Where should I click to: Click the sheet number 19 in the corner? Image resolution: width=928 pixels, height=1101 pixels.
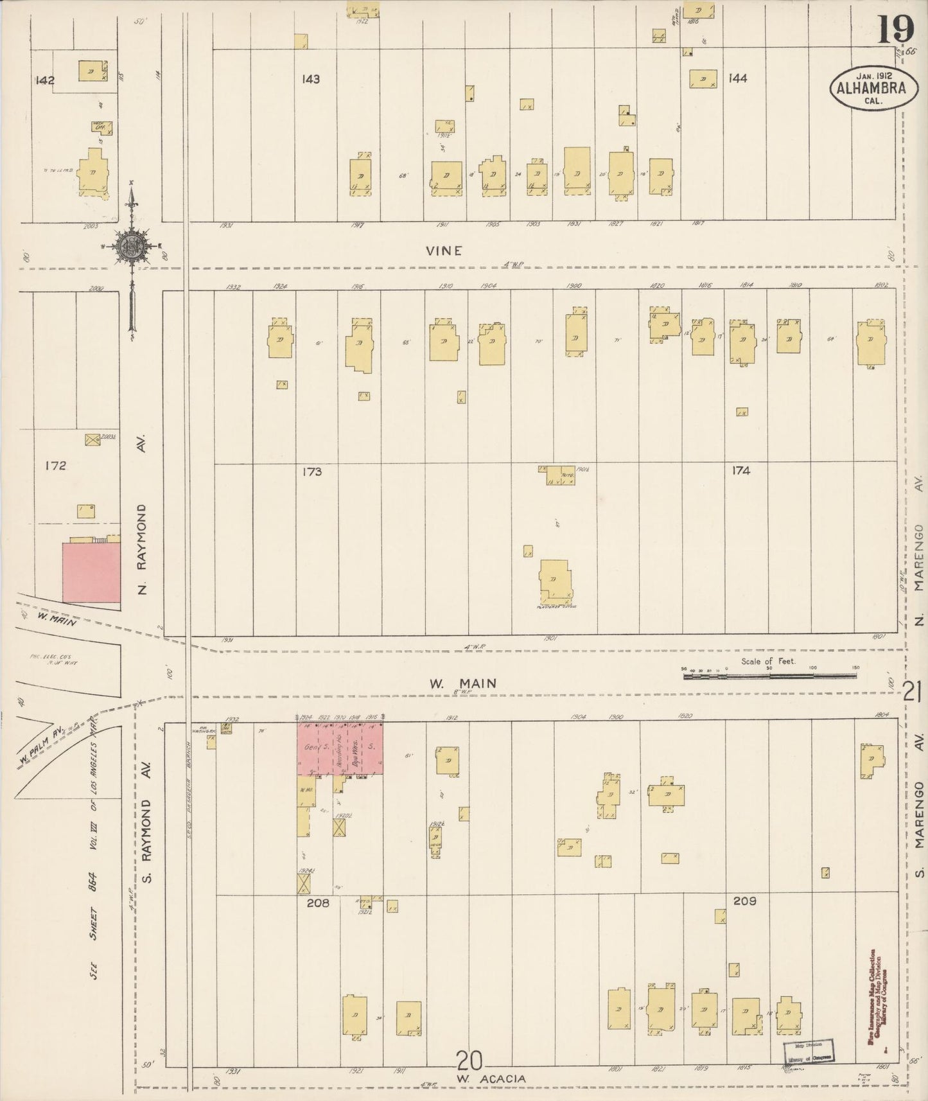[897, 29]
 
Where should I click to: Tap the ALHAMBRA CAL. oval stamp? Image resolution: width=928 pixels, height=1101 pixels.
[871, 89]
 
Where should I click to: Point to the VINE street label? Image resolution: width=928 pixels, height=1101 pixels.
[444, 251]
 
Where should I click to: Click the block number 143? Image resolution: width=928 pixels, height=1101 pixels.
[311, 79]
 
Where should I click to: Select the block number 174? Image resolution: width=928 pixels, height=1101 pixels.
[741, 470]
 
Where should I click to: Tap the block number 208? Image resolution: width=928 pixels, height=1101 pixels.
[318, 903]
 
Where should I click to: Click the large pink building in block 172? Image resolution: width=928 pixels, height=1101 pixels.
[91, 572]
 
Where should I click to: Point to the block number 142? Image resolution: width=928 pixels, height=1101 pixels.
[46, 80]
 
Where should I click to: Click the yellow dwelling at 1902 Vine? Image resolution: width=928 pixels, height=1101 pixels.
[870, 341]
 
